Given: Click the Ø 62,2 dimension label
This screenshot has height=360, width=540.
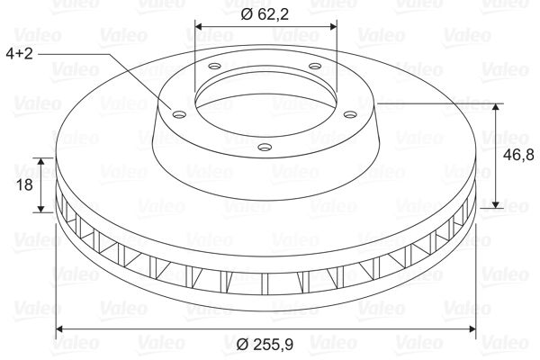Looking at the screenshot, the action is pos(265,14).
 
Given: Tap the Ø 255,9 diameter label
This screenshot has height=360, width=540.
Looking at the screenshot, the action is pos(265,344).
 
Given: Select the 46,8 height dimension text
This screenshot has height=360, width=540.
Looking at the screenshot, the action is pos(518,155).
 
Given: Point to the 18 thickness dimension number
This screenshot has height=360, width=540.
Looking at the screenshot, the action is pos(25,184).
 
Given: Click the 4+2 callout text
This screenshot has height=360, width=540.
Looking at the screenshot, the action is pos(19,53).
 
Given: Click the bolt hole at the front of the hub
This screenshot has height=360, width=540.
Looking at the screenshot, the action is pos(265,147).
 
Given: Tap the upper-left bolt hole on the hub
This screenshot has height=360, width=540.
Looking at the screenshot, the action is pos(215,66).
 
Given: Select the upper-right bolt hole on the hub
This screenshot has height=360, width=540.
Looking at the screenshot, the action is pos(315,66).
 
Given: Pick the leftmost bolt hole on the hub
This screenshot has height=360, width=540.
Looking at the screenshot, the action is pos(179,114).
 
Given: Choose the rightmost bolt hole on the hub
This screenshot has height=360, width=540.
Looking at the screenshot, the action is pos(351,114).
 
